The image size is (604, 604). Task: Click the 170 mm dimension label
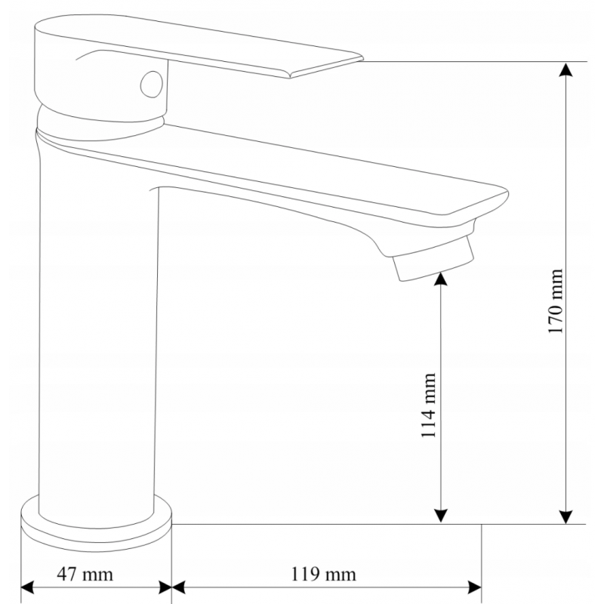(556, 302)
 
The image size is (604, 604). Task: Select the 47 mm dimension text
(86, 575)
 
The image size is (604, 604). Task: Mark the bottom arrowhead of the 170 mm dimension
(565, 515)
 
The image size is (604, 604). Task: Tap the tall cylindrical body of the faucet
(98, 340)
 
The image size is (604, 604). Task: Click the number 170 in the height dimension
(556, 317)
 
